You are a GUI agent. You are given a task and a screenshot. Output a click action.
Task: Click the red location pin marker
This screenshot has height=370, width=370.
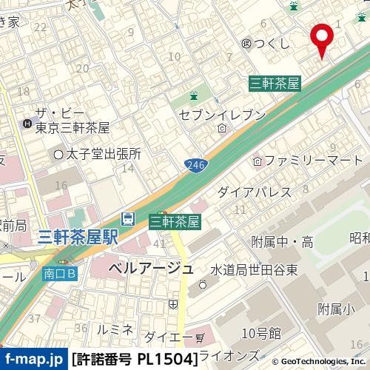click(x=322, y=37)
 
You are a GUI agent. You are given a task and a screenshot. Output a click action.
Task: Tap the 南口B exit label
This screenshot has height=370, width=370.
click(x=58, y=273)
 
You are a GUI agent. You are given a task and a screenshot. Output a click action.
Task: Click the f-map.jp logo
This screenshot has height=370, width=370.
click(x=33, y=360)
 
